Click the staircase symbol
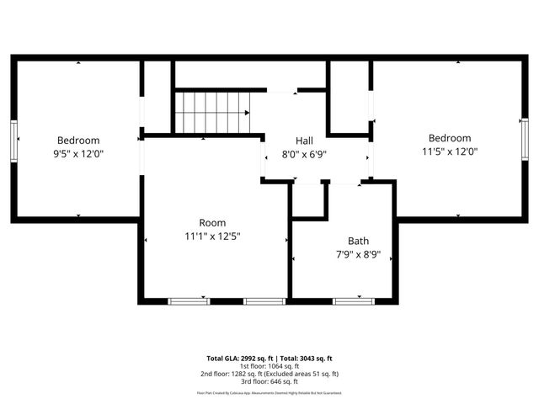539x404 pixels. [213, 112]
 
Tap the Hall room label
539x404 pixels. [304, 141]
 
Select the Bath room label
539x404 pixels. [358, 241]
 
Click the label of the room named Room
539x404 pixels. [212, 223]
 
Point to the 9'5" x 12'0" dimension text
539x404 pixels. [78, 154]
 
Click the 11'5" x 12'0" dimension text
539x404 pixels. [449, 152]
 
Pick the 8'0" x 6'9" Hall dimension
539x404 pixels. [304, 154]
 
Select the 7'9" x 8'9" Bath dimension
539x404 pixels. [358, 254]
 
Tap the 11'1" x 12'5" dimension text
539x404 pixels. [213, 237]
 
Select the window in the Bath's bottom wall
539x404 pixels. [354, 300]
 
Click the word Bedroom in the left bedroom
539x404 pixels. [78, 141]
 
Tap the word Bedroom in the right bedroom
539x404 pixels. [449, 139]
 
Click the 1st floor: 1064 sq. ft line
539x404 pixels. [269, 366]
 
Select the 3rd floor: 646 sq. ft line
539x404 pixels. [269, 381]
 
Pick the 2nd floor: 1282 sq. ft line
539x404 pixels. [269, 374]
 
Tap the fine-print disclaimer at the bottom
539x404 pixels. [269, 392]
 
